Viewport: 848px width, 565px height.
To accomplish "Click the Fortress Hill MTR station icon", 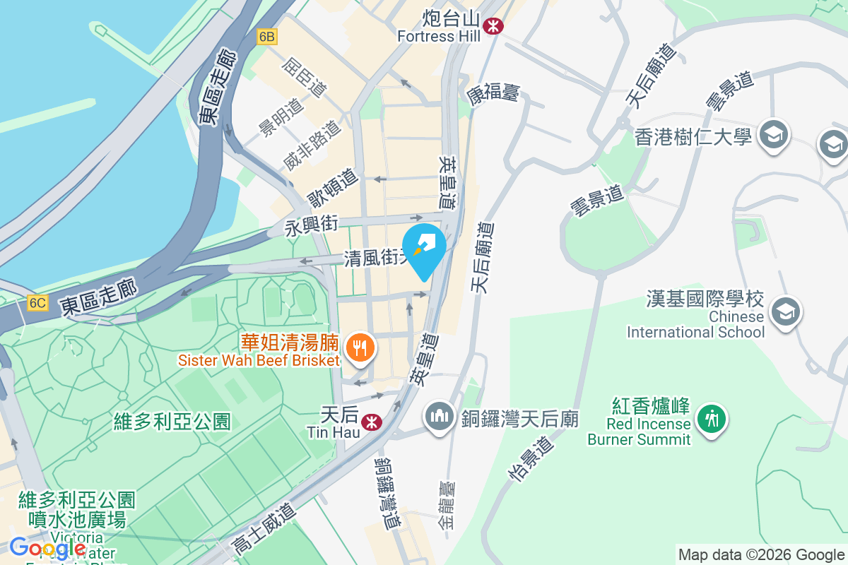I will pyautogui.click(x=493, y=26).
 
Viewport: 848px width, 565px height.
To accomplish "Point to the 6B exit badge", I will pyautogui.click(x=266, y=37).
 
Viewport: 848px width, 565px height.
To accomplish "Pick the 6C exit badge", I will pyautogui.click(x=37, y=303).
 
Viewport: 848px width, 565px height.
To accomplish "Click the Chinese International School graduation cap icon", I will pyautogui.click(x=785, y=311).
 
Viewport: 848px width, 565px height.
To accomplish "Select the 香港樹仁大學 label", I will pyautogui.click(x=693, y=136).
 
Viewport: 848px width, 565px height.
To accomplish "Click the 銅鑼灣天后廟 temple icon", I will pyautogui.click(x=439, y=417).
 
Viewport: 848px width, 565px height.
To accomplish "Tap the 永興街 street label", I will pyautogui.click(x=312, y=226).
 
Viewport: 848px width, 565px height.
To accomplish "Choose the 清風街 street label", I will pyautogui.click(x=373, y=258).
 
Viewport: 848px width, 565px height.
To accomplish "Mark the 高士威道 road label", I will pyautogui.click(x=262, y=526).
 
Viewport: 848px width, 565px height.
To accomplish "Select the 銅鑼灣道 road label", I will pyautogui.click(x=388, y=493).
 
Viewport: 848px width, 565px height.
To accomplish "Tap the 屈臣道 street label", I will pyautogui.click(x=305, y=78).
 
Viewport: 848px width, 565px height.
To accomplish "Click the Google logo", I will pyautogui.click(x=47, y=547).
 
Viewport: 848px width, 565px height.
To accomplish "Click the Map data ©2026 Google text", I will pyautogui.click(x=760, y=554).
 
